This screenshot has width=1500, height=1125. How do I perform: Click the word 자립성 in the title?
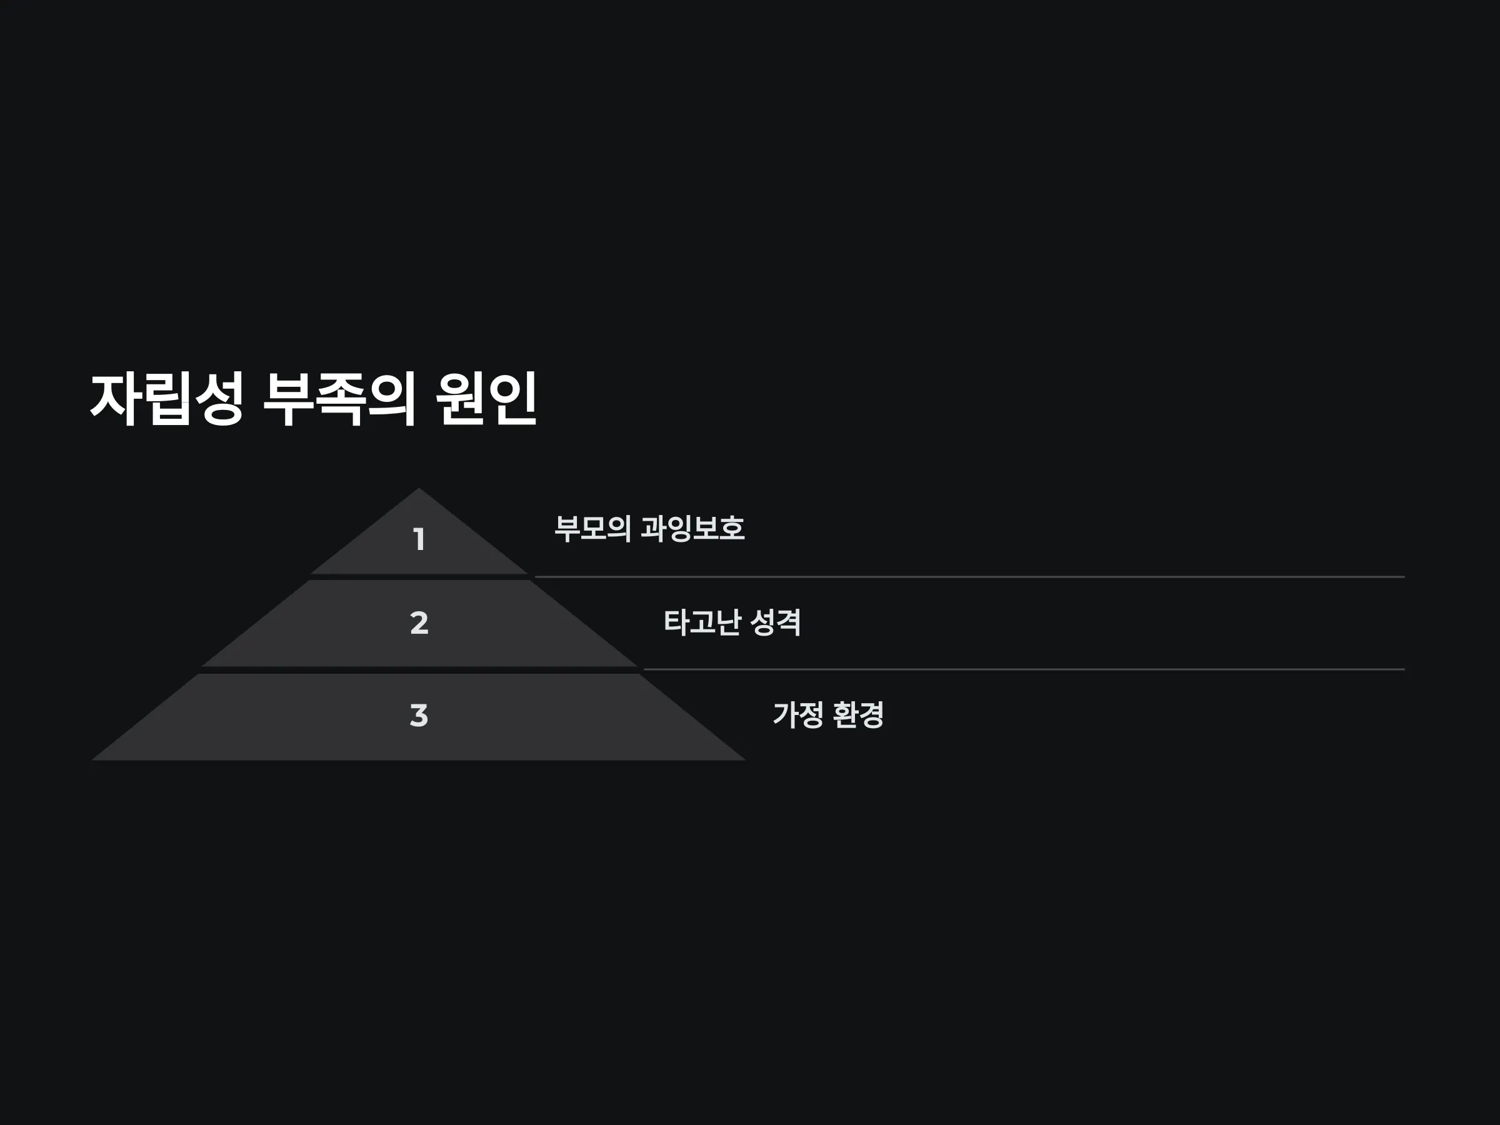tap(167, 399)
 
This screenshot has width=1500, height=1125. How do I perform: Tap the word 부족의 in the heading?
tap(338, 399)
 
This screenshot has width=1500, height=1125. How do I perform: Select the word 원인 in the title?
tap(486, 399)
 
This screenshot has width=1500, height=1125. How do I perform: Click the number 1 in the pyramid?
tap(419, 539)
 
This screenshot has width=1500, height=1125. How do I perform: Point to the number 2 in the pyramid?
tap(419, 622)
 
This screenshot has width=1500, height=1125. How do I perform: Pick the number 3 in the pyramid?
tap(419, 716)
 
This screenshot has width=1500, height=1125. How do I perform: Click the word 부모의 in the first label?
tap(592, 528)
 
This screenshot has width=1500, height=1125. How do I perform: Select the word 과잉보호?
tap(692, 528)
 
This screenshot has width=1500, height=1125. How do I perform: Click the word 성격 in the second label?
tap(776, 622)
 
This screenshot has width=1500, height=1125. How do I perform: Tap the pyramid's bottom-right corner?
tap(745, 760)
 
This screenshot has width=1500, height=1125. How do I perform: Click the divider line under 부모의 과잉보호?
tap(970, 577)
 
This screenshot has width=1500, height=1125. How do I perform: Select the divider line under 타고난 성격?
tap(1024, 669)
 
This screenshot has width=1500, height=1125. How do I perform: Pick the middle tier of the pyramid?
tap(419, 623)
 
